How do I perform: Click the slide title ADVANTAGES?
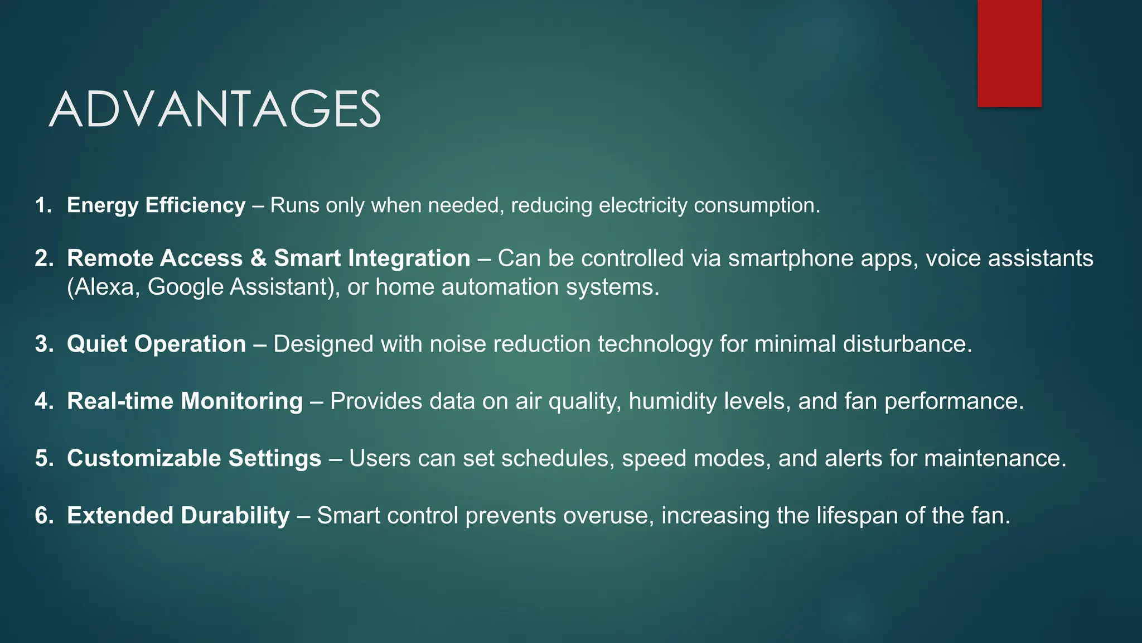(215, 109)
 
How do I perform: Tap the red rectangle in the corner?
(1009, 54)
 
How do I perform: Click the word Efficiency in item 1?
(195, 205)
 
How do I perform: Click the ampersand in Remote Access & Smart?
(258, 258)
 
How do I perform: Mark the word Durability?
(235, 515)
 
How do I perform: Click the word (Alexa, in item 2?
(104, 287)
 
